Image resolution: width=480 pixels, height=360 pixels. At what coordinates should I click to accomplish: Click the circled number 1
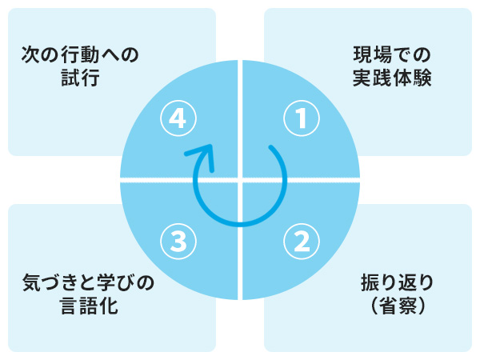302,118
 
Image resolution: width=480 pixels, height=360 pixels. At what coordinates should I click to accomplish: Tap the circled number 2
302,242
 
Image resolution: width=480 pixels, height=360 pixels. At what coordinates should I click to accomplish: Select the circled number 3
178,242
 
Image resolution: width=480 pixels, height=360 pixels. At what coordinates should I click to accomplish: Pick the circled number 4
178,118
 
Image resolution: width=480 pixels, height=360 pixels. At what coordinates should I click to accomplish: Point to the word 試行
80,78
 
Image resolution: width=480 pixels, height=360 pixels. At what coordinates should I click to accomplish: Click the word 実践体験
392,78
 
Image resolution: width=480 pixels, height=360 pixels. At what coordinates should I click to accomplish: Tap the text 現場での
392,54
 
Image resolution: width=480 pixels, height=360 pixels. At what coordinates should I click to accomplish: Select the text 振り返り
397,282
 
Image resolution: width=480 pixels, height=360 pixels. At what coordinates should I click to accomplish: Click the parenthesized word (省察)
398,306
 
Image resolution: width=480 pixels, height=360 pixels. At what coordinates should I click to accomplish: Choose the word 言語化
89,306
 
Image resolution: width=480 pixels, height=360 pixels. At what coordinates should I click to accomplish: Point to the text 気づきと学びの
88,282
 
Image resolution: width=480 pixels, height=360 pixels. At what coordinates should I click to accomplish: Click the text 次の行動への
80,54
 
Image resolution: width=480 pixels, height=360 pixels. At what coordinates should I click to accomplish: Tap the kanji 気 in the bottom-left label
32,282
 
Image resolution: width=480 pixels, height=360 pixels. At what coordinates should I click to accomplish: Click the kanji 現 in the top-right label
362,54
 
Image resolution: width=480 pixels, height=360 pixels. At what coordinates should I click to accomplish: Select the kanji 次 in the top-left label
31,54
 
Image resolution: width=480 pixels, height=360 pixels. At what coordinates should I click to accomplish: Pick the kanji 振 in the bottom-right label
370,282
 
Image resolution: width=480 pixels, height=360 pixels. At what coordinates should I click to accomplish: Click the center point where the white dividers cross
240,180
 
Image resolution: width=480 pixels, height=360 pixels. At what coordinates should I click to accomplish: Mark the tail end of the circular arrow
270,147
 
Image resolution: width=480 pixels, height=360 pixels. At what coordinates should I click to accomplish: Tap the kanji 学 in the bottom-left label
106,282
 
